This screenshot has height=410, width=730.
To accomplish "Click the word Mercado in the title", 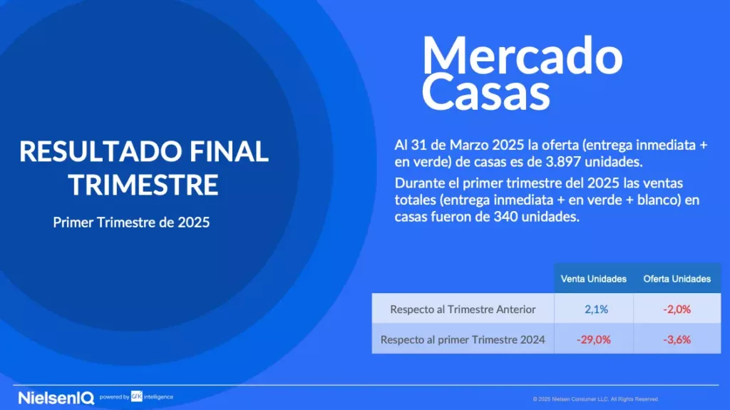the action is click(x=522, y=56).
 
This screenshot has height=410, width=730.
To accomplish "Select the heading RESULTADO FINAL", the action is click(x=144, y=151).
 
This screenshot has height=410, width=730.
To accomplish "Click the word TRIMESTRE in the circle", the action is click(x=143, y=184).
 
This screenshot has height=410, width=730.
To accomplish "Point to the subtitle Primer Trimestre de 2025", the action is click(x=131, y=222).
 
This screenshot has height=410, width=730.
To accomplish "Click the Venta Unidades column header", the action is click(x=593, y=279).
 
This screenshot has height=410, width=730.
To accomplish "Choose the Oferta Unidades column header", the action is click(x=677, y=279).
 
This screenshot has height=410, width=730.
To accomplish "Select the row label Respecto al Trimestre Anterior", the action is click(x=463, y=309).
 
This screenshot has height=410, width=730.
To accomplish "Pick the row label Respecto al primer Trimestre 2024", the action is click(x=463, y=339).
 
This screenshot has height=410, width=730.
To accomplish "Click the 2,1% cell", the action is click(x=596, y=309).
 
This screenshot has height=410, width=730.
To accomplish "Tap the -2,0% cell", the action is click(x=677, y=309).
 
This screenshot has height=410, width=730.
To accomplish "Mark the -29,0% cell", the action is click(x=594, y=339).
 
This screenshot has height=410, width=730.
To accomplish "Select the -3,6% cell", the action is click(x=677, y=339).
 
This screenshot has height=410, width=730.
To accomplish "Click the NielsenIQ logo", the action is click(x=56, y=398).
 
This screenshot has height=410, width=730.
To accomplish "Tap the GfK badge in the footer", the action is click(x=136, y=396).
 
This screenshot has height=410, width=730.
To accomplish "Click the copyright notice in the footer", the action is click(x=596, y=399).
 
